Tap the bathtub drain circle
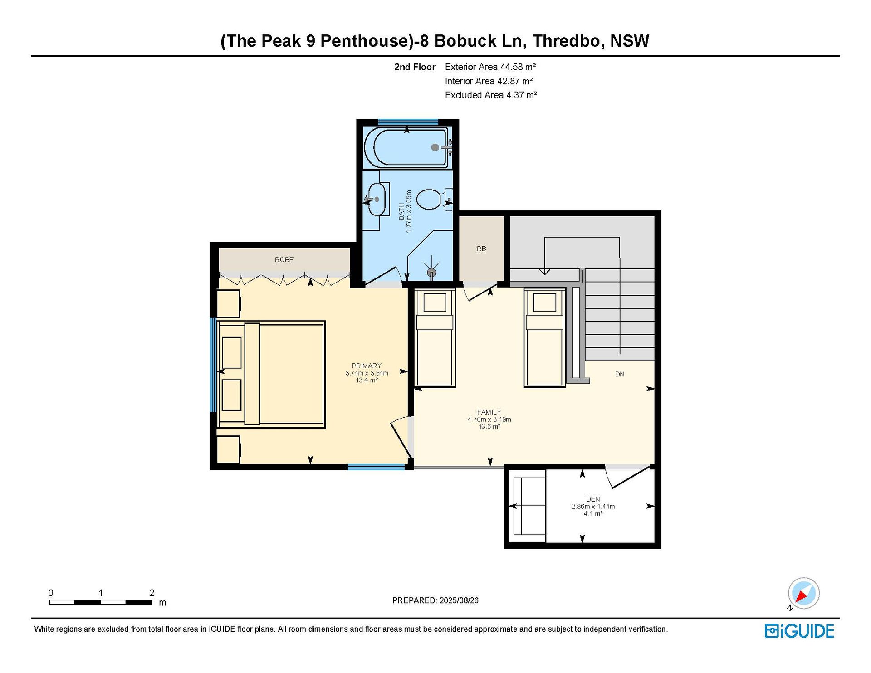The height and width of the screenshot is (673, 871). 435,147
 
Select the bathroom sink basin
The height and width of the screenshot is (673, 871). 377,199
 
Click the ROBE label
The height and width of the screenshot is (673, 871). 284,260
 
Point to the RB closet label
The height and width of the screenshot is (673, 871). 481,249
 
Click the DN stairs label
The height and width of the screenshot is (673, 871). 620,374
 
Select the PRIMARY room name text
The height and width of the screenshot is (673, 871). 367,366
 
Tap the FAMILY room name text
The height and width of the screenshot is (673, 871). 489,412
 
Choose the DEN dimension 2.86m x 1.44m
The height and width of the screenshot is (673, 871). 593,507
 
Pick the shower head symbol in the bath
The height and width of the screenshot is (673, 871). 431,272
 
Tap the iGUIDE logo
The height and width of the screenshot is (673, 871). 799,631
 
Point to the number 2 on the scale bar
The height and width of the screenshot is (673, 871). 152,593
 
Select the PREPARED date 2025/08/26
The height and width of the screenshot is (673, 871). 459,600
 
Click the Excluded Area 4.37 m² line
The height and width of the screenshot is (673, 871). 491,95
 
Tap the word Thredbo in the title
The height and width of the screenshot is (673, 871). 568,41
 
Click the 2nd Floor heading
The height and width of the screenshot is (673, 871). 415,67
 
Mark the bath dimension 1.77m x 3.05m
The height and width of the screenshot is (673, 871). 409,211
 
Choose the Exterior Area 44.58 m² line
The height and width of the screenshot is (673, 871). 490,67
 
